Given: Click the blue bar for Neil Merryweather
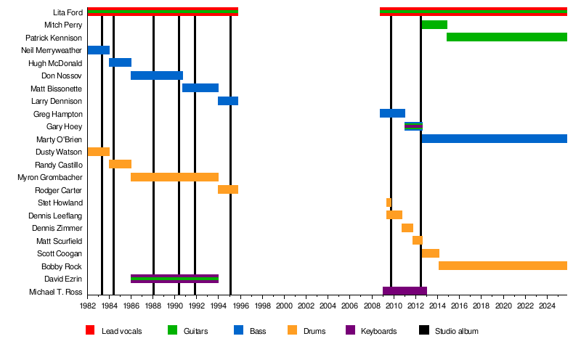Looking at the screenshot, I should [98, 50].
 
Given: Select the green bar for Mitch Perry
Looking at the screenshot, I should [434, 25].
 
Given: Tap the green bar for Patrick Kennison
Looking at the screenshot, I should [506, 37].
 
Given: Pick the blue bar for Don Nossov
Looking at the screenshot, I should [157, 75].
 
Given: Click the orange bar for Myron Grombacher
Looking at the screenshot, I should [174, 177].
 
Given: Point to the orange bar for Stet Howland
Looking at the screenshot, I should [389, 202].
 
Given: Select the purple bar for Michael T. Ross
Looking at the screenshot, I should [405, 291].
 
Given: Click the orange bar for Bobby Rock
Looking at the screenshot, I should [503, 266].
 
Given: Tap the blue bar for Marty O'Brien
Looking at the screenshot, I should [494, 139].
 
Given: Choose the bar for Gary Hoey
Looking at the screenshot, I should [413, 126].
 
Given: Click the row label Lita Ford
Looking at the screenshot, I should [68, 12].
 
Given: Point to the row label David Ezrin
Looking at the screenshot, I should [63, 279].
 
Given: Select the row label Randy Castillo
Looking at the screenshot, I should [59, 165].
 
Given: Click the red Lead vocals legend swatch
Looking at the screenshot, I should [91, 331].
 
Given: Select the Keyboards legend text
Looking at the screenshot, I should [378, 332].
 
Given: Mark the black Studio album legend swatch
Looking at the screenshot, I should [424, 331].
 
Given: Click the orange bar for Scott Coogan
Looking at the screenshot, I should [431, 253].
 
